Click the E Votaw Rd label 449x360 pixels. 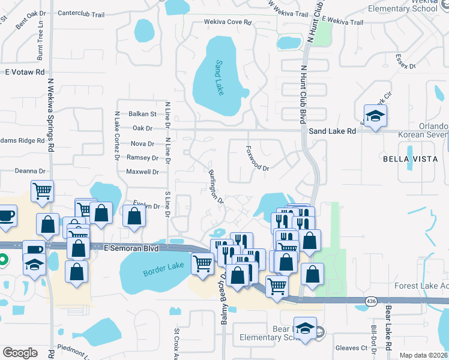25,72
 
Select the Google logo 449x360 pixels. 20,352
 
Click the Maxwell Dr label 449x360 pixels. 142,172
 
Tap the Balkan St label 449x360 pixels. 142,113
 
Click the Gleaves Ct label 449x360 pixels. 351,348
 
